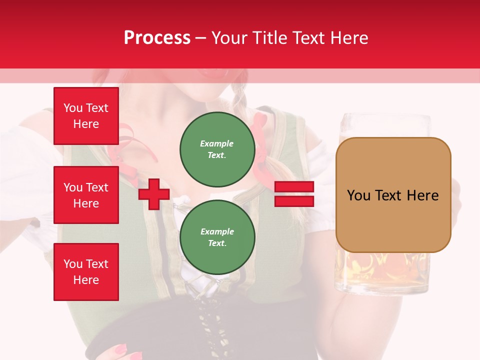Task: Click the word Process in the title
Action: [x=157, y=38]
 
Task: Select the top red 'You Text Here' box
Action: [x=86, y=116]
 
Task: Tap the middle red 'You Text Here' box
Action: [x=86, y=195]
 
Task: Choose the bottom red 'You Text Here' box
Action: [x=86, y=272]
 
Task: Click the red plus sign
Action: [x=154, y=194]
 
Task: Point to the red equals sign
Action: [x=294, y=194]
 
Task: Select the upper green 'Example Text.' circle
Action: [x=217, y=149]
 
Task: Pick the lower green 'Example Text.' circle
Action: [x=217, y=237]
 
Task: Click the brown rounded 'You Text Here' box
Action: [x=393, y=194]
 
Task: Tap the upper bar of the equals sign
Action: [x=294, y=187]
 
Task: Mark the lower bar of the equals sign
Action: [x=294, y=201]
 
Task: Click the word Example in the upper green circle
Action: [x=217, y=143]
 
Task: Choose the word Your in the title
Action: [x=229, y=38]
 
